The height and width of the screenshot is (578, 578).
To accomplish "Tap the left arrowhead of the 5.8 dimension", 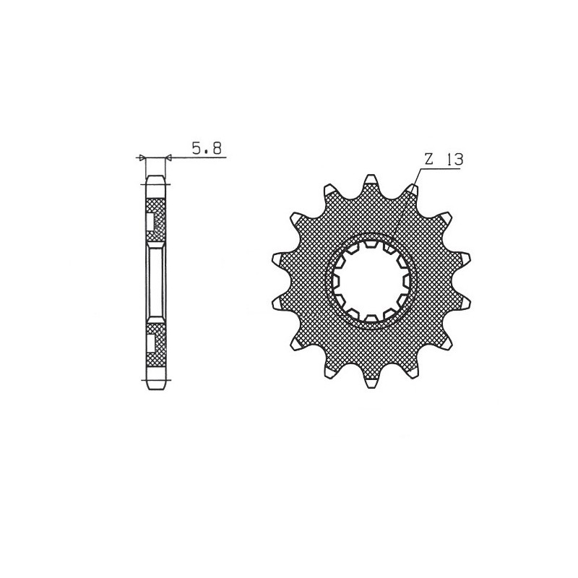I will pos(142,157).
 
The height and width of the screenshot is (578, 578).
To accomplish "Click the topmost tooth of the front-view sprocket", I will pos(371,181).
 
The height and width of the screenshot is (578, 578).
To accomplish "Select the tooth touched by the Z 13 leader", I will pos(411,191).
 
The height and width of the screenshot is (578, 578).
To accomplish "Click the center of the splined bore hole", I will pos(370,282).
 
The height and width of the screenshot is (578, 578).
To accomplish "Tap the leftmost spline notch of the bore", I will pos(335,282).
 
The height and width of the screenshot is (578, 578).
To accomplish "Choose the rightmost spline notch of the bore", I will pos(405,282).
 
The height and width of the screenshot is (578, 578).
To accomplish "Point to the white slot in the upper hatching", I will pos(150,222).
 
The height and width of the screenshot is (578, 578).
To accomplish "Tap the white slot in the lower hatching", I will pos(150,340).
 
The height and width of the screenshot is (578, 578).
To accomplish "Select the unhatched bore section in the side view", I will pos(156,282).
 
